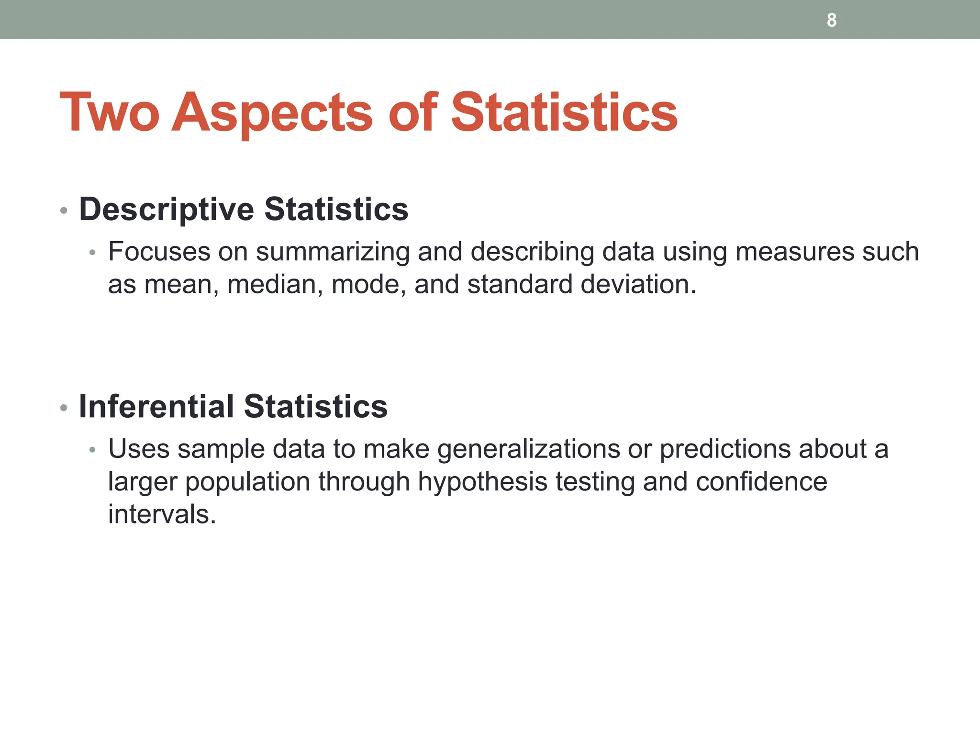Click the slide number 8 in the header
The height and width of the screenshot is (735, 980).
pyautogui.click(x=832, y=20)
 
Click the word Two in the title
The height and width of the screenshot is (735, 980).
pyautogui.click(x=109, y=112)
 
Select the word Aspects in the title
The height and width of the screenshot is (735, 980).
pyautogui.click(x=272, y=113)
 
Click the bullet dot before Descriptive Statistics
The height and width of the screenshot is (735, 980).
pyautogui.click(x=64, y=211)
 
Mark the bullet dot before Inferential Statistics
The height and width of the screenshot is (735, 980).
pyautogui.click(x=64, y=408)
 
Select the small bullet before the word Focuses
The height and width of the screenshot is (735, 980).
pyautogui.click(x=93, y=253)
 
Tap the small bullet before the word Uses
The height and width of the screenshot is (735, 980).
pyautogui.click(x=93, y=450)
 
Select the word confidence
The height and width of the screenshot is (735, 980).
pyautogui.click(x=761, y=481)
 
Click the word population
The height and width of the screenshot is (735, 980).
pyautogui.click(x=248, y=482)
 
